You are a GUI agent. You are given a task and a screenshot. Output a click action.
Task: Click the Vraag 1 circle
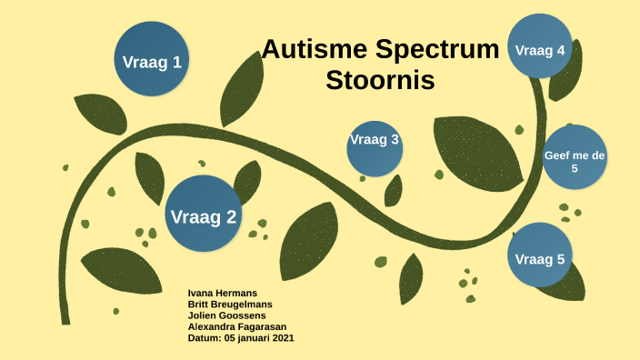click(x=152, y=61)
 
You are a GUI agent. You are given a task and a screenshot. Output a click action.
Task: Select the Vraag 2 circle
click(x=204, y=215)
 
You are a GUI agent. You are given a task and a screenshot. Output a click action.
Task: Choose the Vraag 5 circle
click(x=539, y=258)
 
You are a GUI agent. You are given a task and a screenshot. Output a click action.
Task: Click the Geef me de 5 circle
click(x=574, y=162)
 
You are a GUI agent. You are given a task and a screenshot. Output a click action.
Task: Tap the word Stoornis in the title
click(x=380, y=80)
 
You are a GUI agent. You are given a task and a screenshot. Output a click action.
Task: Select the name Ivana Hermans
click(x=222, y=294)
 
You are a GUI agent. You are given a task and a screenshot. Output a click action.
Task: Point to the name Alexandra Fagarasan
click(x=236, y=326)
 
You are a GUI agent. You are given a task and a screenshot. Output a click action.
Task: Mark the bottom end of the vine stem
click(x=65, y=319)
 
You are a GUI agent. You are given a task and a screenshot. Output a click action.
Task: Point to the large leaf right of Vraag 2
click(x=309, y=241)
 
